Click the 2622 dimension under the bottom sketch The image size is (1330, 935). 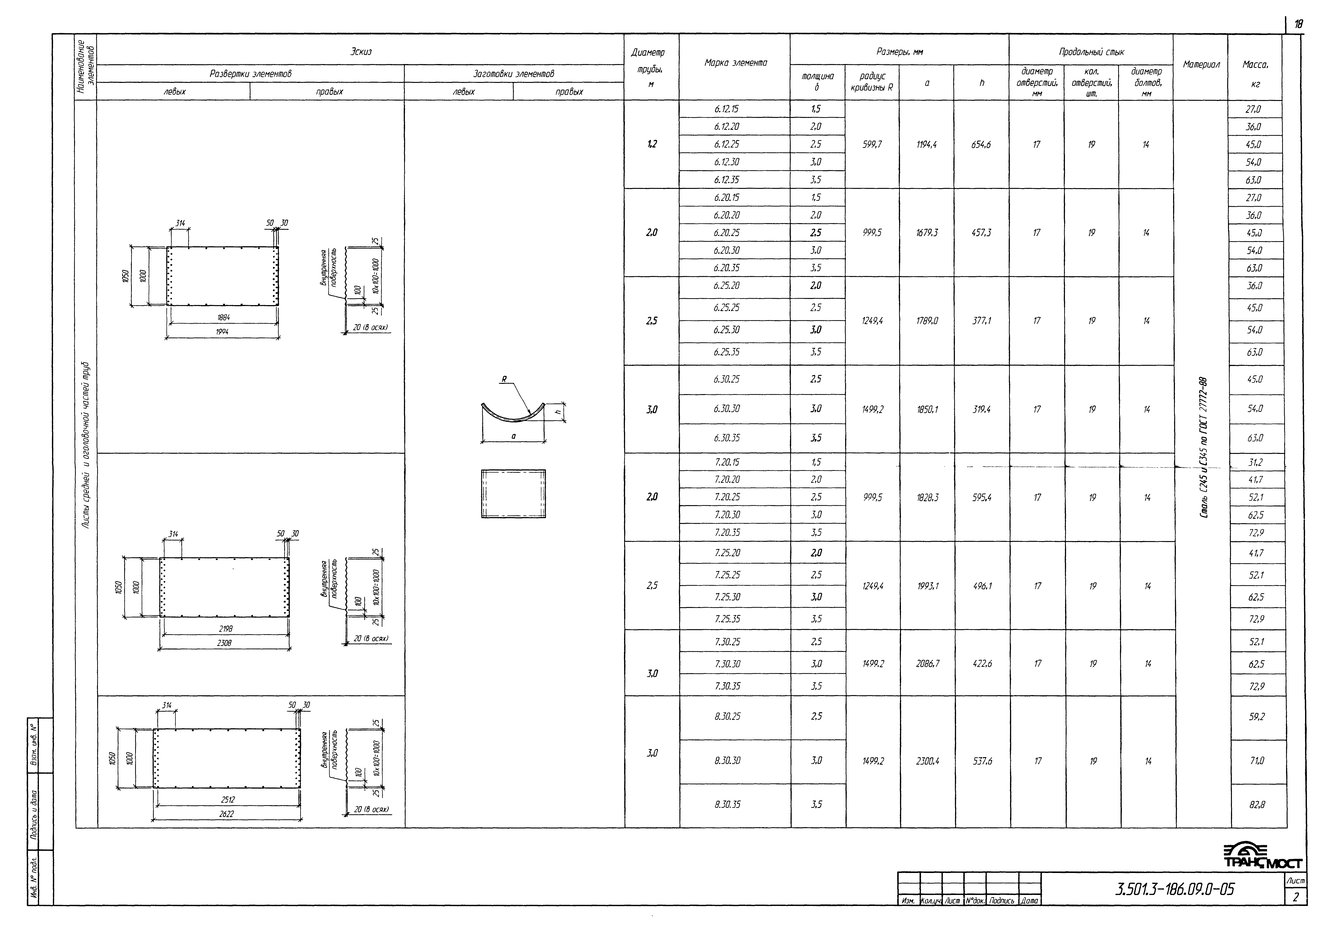point(227,814)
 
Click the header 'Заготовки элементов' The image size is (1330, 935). point(513,74)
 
